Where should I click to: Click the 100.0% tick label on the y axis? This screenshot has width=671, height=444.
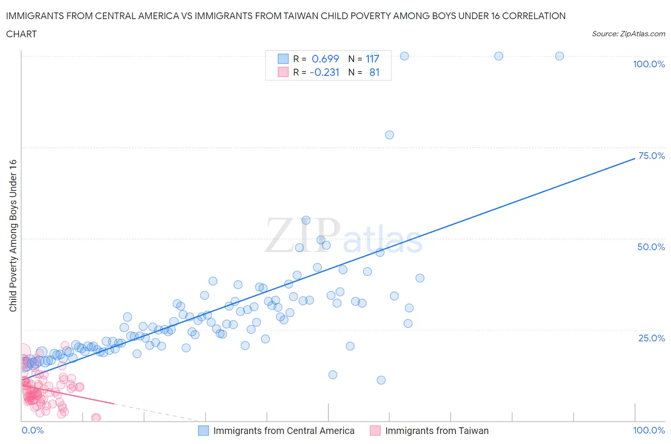[649, 64]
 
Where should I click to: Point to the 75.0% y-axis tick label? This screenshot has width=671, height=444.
[651, 156]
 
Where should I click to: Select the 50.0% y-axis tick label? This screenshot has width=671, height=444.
[651, 247]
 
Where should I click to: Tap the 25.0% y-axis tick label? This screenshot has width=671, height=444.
[651, 338]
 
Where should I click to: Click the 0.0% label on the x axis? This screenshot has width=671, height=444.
[32, 430]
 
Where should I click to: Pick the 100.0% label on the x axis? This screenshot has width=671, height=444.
[649, 430]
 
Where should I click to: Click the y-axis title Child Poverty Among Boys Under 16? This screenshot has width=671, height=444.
[13, 235]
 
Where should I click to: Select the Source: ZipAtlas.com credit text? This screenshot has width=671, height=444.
[628, 34]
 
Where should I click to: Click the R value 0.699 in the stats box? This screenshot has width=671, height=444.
[325, 59]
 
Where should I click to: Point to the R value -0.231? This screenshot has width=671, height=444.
[325, 72]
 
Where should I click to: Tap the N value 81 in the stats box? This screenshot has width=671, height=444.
[374, 72]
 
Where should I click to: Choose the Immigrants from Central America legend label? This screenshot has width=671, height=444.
[283, 431]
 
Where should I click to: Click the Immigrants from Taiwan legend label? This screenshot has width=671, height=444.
[437, 431]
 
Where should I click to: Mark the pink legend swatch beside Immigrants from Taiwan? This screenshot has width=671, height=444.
[375, 431]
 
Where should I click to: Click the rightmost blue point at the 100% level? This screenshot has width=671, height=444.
[559, 56]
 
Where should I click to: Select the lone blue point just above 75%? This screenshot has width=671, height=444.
[389, 135]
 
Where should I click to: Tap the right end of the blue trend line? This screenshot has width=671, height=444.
[634, 158]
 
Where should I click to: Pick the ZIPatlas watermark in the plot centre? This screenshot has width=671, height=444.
[344, 236]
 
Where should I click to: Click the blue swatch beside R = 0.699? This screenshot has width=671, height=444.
[283, 59]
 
